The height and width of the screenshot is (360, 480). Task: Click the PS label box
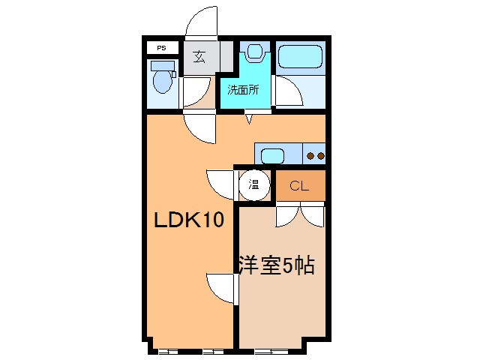tap(162, 48)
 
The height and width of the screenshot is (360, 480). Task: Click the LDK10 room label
tap(190, 220)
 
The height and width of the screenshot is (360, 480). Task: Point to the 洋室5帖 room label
tap(276, 265)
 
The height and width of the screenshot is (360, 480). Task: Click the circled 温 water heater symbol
tap(253, 184)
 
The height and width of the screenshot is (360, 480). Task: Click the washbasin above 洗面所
tap(255, 52)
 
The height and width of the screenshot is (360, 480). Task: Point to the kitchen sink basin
tap(271, 156)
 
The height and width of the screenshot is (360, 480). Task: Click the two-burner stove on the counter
tap(316, 156)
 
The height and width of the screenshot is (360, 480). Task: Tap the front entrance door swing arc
tap(200, 23)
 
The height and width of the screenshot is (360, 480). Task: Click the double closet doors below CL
tap(300, 214)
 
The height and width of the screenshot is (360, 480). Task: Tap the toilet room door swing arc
tap(194, 93)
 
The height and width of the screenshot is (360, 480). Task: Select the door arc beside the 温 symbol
tap(221, 184)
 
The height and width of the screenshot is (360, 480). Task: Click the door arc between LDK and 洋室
tap(221, 287)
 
